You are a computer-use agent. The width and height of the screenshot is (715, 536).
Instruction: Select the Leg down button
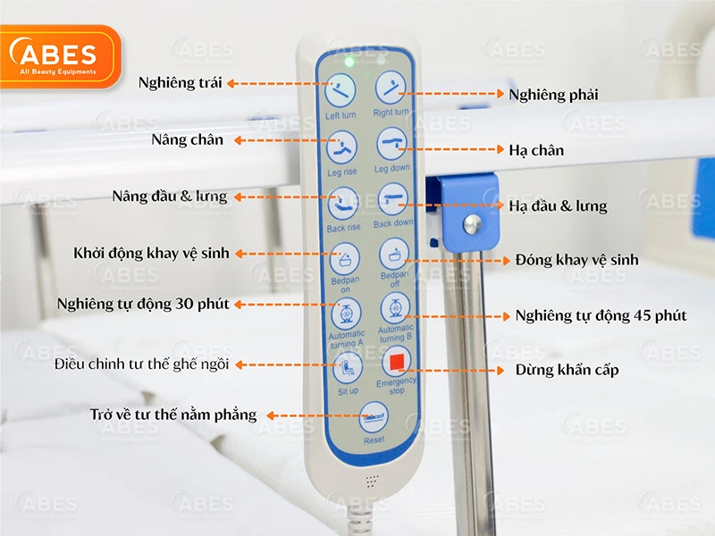tap(391, 144)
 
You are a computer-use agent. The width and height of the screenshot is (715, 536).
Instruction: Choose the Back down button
tap(393, 199)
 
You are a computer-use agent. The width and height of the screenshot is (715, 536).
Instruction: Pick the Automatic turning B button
tap(395, 309)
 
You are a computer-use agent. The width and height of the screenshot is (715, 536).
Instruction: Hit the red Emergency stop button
tap(397, 363)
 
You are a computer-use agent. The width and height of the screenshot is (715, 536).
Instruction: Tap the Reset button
tap(374, 417)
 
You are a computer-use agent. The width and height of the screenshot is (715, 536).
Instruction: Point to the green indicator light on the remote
tap(349, 62)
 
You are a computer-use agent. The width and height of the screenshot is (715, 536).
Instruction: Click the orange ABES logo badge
tap(59, 57)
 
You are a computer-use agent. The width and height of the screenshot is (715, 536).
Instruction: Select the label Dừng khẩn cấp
tap(567, 369)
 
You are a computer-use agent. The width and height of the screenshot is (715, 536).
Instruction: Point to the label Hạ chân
tap(536, 150)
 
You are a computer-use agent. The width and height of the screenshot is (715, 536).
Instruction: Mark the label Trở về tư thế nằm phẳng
tap(172, 415)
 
